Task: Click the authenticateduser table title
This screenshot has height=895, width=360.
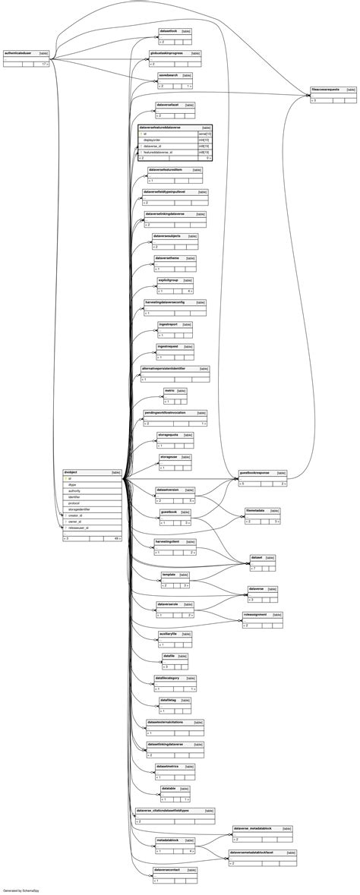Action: click(18, 54)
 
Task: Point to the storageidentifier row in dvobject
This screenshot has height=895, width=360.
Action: click(79, 509)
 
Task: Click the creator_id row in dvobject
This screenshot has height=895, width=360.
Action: click(75, 515)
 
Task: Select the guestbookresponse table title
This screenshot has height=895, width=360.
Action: click(254, 472)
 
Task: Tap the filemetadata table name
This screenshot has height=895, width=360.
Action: click(255, 510)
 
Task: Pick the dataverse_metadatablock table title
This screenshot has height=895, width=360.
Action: click(253, 828)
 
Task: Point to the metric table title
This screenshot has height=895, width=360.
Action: click(169, 390)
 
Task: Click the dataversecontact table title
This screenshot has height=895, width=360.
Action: click(167, 870)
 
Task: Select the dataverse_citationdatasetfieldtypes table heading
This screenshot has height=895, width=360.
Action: click(162, 811)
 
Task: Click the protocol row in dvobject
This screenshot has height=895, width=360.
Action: click(74, 503)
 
